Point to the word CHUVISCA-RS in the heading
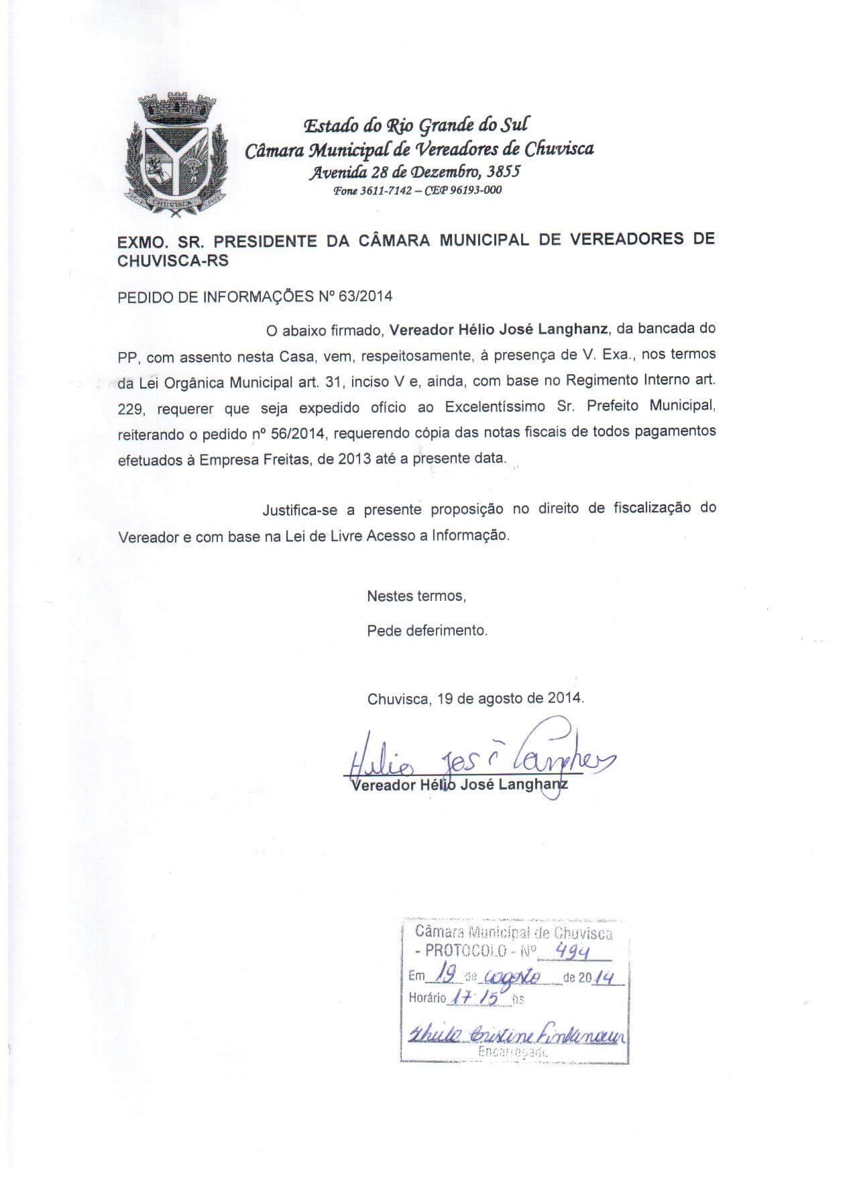point(173,261)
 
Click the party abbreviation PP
point(127,356)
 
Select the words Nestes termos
point(416,596)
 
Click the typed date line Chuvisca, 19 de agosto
point(475,698)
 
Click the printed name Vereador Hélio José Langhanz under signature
point(459,785)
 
